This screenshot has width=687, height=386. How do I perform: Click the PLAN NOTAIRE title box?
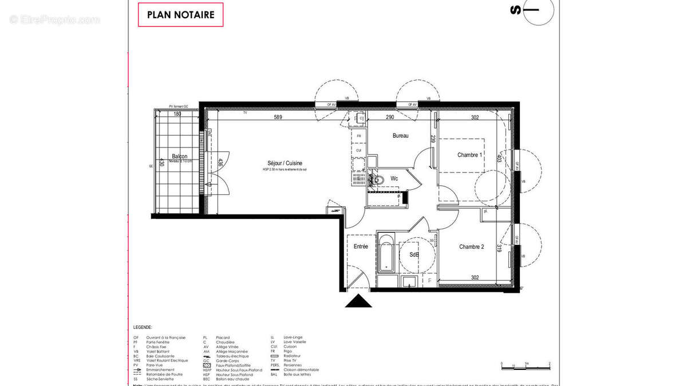click(x=180, y=15)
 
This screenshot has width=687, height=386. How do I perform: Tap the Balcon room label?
click(x=180, y=156)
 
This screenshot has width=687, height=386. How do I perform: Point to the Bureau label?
click(x=400, y=136)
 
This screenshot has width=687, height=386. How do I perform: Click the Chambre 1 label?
click(x=469, y=155)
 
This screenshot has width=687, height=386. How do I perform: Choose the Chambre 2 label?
click(x=471, y=247)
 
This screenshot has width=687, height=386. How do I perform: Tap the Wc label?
click(x=394, y=178)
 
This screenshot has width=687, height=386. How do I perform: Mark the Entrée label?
click(x=361, y=246)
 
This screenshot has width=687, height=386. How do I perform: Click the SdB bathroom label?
click(x=414, y=255)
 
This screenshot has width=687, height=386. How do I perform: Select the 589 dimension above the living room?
click(x=278, y=118)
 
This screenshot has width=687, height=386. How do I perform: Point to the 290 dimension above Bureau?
click(x=390, y=118)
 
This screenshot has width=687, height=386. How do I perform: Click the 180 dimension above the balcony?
click(x=177, y=114)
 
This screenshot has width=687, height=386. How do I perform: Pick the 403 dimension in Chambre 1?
click(x=499, y=158)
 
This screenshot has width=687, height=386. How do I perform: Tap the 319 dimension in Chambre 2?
click(x=499, y=248)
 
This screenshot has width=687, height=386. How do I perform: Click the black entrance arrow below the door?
click(x=358, y=301)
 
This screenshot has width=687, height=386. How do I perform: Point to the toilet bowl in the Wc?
click(x=377, y=180)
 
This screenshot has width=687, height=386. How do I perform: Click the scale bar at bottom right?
click(x=525, y=364)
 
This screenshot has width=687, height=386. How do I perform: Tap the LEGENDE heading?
click(x=143, y=328)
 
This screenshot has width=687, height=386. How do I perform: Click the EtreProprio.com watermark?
click(x=54, y=20)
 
